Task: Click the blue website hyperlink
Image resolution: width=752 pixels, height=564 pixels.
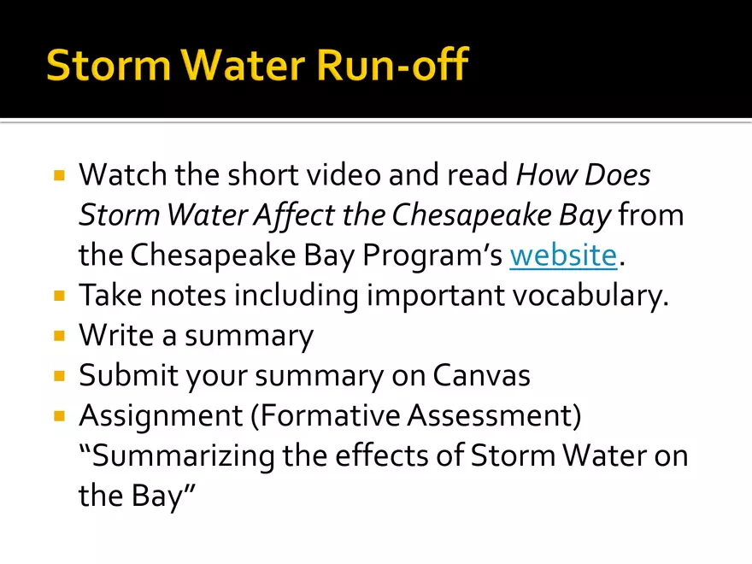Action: pyautogui.click(x=563, y=255)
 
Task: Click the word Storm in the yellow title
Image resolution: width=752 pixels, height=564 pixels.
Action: pyautogui.click(x=109, y=65)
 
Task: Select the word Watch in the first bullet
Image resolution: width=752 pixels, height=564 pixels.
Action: pyautogui.click(x=123, y=174)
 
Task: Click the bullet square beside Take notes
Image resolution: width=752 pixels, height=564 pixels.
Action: pyautogui.click(x=60, y=295)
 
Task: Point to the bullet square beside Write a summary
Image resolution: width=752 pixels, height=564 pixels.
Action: pyautogui.click(x=60, y=335)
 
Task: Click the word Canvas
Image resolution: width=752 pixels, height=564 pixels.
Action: pyautogui.click(x=481, y=375)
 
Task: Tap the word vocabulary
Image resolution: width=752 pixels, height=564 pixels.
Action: pyautogui.click(x=588, y=295)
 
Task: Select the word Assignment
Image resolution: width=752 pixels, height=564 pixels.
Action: pyautogui.click(x=161, y=416)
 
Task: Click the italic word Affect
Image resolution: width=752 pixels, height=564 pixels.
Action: pyautogui.click(x=294, y=214)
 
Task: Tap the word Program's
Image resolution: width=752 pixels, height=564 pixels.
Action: pyautogui.click(x=432, y=256)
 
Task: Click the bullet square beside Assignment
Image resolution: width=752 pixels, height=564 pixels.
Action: pyautogui.click(x=60, y=415)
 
